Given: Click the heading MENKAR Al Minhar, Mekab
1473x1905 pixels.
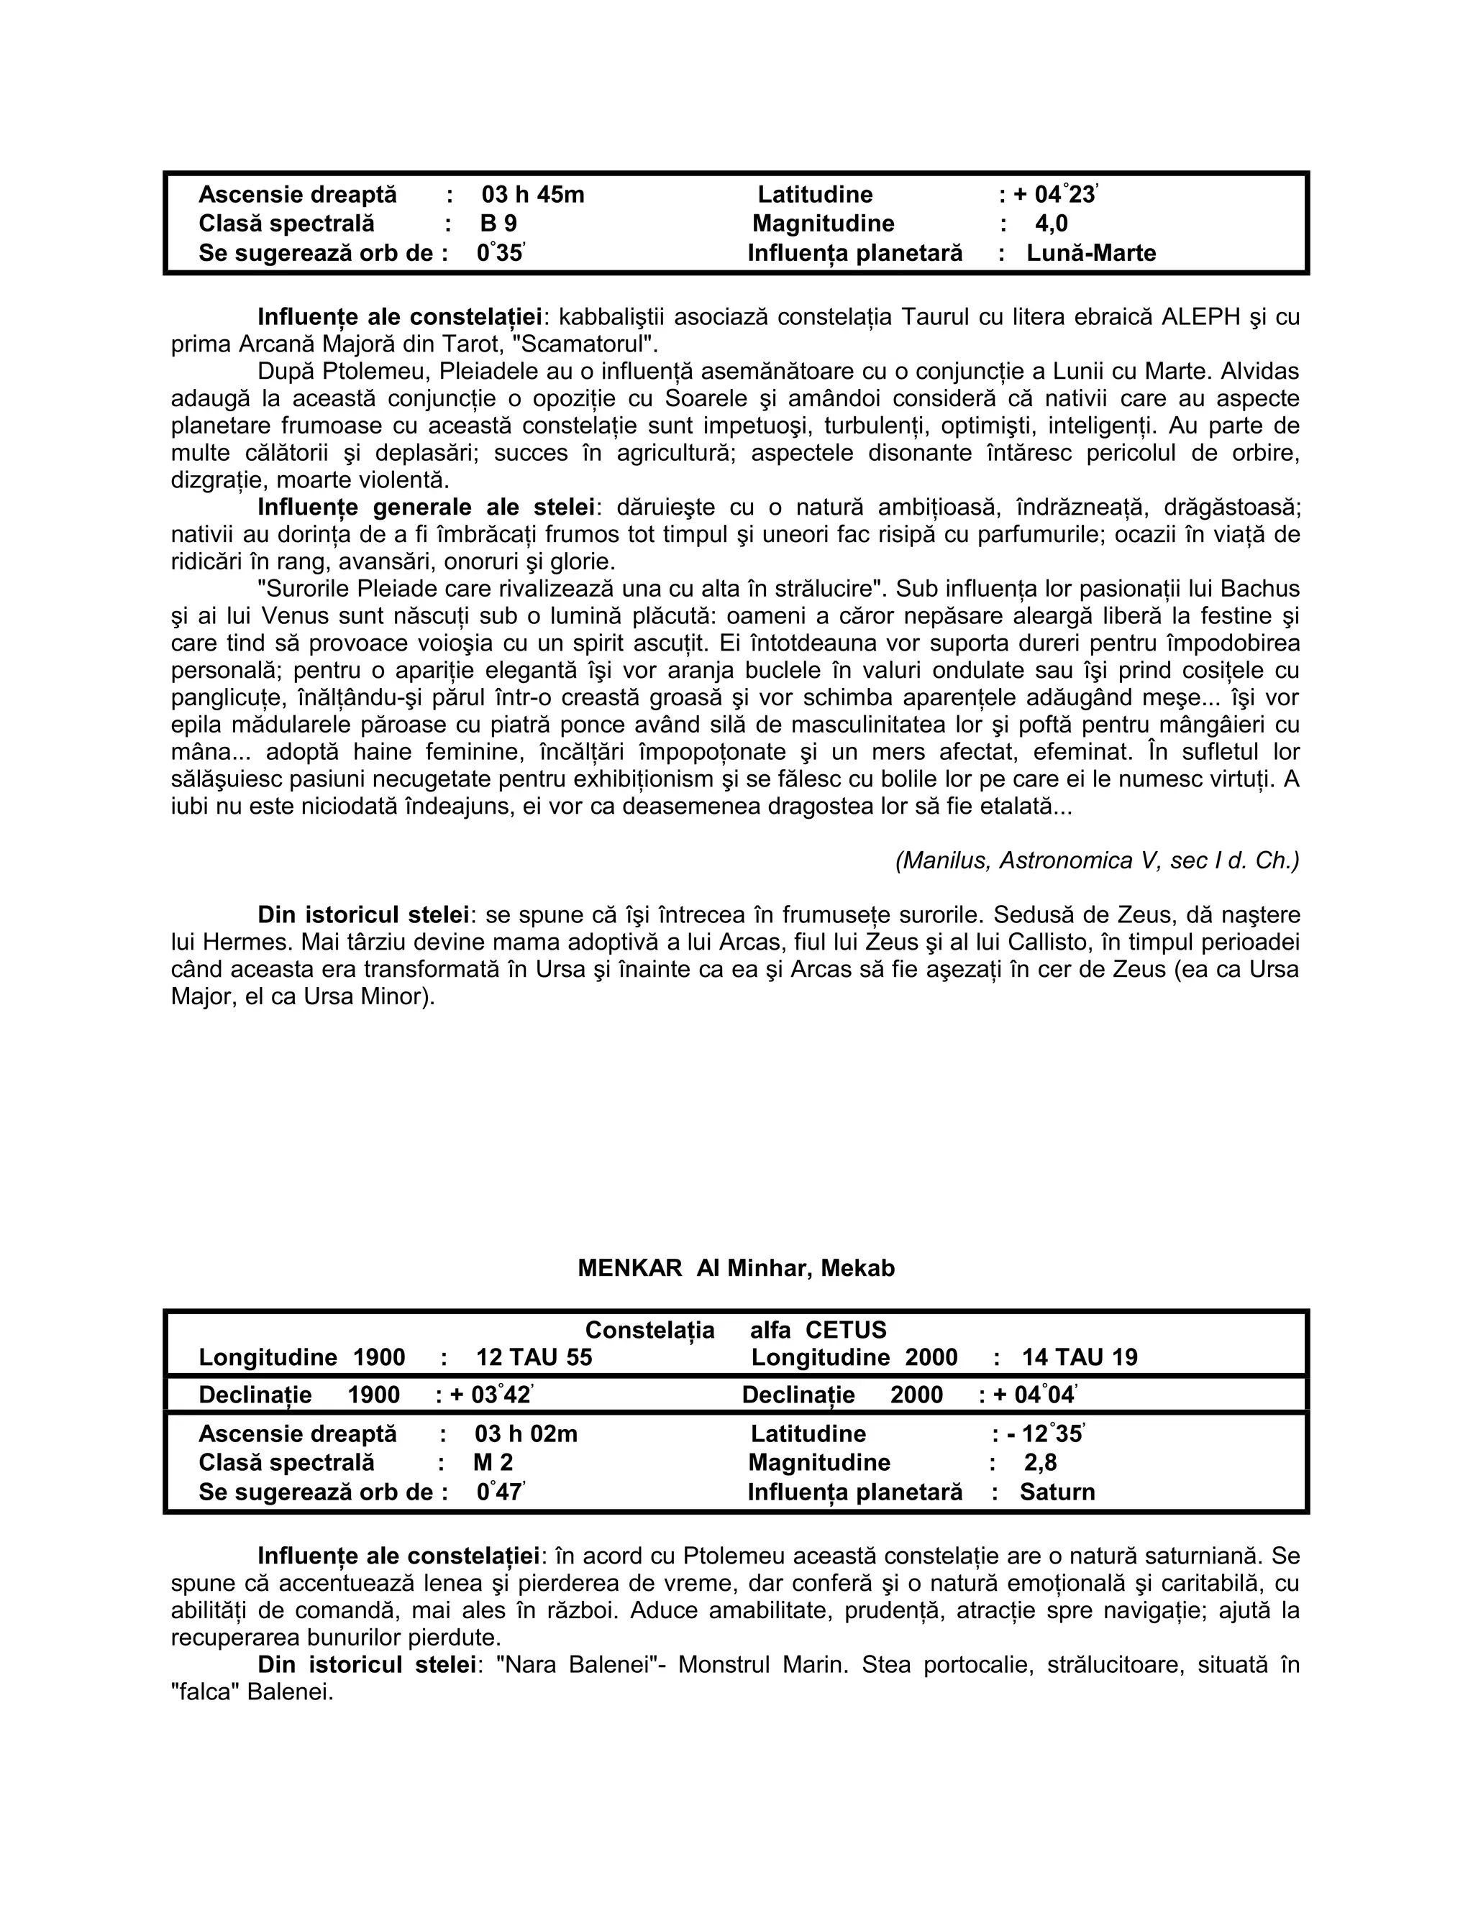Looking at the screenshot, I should click(736, 1267).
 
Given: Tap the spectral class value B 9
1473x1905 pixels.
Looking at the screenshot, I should click(498, 224).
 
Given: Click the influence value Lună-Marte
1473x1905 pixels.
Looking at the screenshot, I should click(1091, 254).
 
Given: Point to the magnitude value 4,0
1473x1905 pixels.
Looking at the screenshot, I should click(1051, 224).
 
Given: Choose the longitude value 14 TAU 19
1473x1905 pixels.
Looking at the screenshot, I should click(1080, 1357).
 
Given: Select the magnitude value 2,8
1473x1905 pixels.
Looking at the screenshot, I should click(1040, 1463).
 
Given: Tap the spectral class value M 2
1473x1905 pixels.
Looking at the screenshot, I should click(493, 1463).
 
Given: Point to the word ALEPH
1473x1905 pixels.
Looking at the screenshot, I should click(1200, 316).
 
